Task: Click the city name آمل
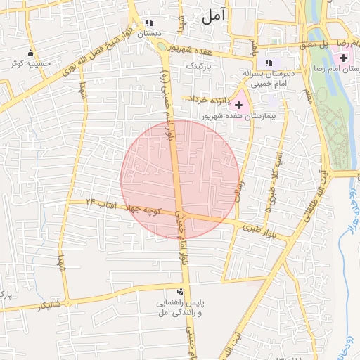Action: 216,18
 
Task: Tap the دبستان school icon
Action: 148,22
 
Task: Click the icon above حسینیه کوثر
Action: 30,53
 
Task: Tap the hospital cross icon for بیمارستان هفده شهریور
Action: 238,104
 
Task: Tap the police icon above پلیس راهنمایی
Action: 181,291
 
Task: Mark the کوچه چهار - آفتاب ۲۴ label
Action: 122,206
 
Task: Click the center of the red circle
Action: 179,179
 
